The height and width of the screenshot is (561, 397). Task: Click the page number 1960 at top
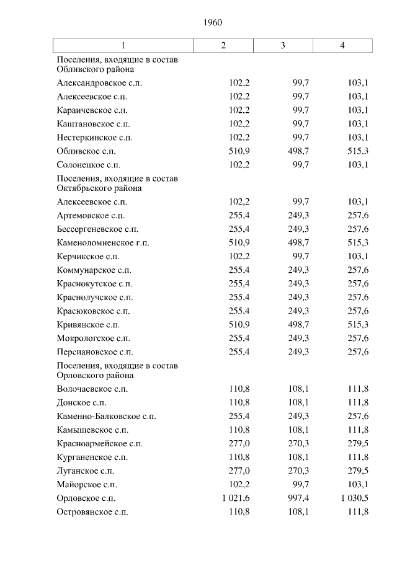[x=213, y=22]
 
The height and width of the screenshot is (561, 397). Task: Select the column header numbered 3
[x=283, y=45]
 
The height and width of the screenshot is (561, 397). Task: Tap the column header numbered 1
[x=123, y=45]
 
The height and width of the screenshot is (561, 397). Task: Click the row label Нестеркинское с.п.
[x=94, y=138]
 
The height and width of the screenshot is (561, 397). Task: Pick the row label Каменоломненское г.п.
[x=102, y=243]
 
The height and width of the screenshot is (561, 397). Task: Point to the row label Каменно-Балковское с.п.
[x=106, y=416]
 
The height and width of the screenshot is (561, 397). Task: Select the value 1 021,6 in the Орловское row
[x=233, y=498]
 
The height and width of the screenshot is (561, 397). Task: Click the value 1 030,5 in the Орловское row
[x=355, y=498]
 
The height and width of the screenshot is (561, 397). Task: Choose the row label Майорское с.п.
[x=86, y=484]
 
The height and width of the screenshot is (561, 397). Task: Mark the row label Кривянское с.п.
[x=88, y=325]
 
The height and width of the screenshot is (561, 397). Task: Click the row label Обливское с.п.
[x=86, y=151]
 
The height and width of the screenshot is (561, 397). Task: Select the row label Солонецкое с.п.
[x=88, y=165]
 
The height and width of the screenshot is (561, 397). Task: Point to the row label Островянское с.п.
[x=92, y=511]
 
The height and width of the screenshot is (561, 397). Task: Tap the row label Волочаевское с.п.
[x=92, y=389]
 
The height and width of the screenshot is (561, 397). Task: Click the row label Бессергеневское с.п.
[x=97, y=229]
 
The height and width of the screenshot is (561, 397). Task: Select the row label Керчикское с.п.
[x=87, y=257]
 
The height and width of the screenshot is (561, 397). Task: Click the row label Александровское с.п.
[x=99, y=83]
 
